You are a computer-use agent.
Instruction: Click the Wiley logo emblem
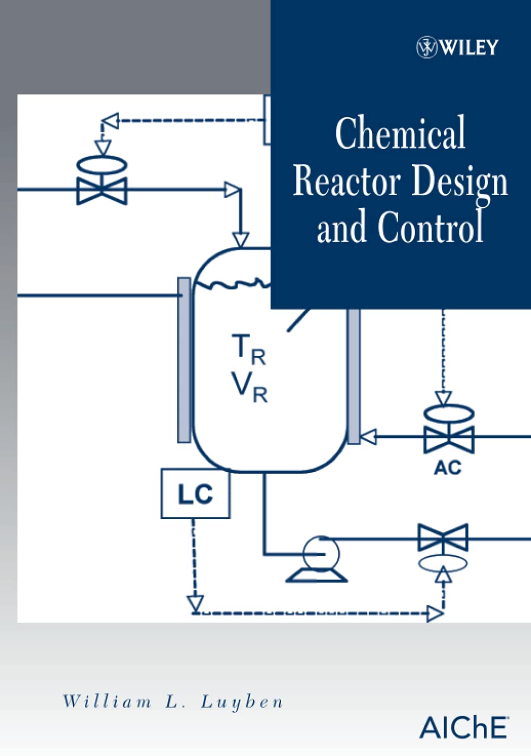point(426,47)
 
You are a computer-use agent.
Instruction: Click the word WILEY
point(469,48)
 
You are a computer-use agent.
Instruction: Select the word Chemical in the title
point(400,133)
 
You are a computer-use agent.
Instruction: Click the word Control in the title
point(431,227)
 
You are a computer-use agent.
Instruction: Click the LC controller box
point(195,494)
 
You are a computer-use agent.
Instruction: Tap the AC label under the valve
point(448,468)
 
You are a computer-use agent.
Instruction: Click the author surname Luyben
point(242,702)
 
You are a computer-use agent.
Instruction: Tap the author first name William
point(107,702)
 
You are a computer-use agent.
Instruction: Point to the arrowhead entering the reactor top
point(241,240)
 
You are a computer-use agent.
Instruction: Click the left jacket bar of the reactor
point(184,360)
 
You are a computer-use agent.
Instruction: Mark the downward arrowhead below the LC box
point(195,604)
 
